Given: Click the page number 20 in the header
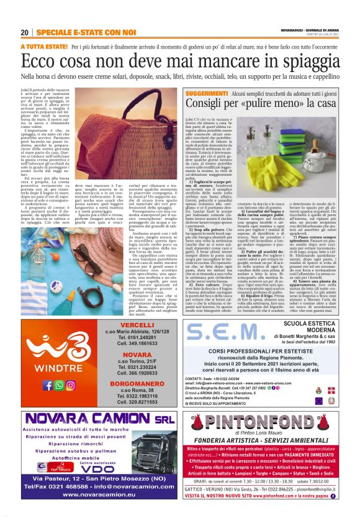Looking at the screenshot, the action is point(25,32).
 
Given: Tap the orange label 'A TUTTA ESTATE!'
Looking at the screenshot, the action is point(44,47).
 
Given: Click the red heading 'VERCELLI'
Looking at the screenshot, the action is point(137,342).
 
